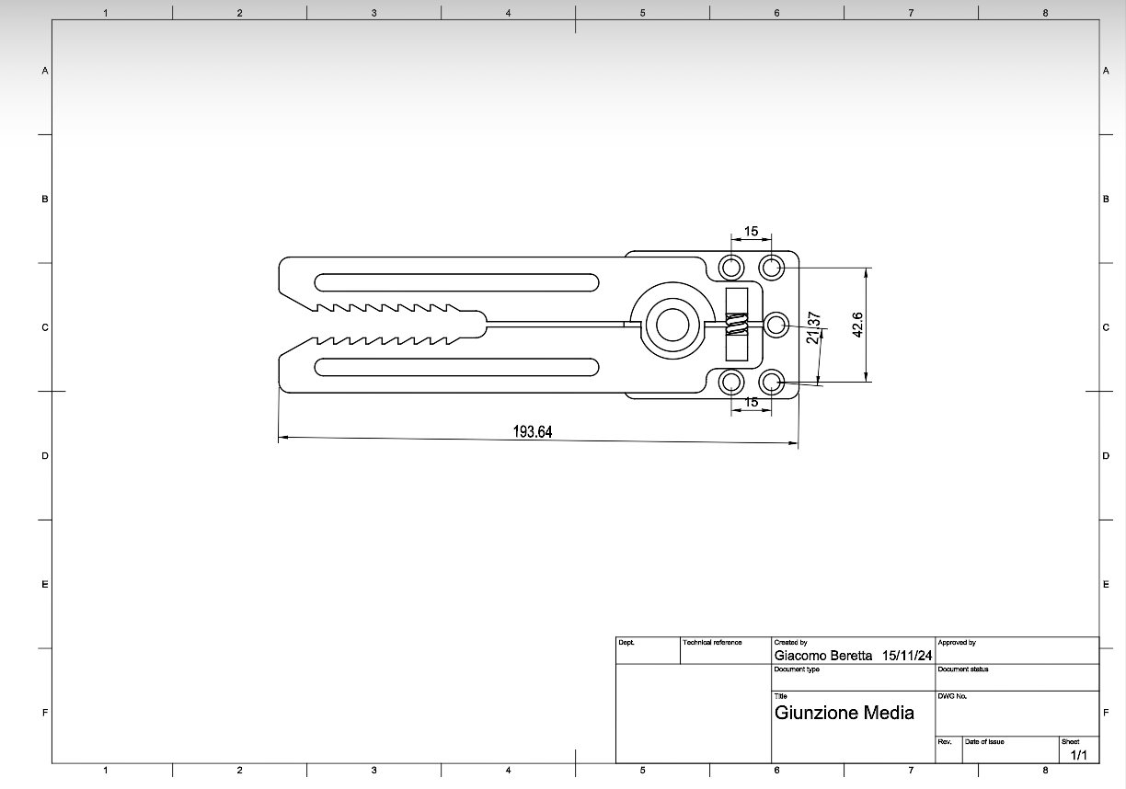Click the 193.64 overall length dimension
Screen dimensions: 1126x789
tap(533, 431)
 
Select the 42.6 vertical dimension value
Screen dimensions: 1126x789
tap(858, 325)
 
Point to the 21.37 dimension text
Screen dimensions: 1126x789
tap(813, 327)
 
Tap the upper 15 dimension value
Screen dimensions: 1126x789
tap(751, 231)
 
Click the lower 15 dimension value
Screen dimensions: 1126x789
tap(751, 402)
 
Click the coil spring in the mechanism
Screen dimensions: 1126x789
tap(737, 324)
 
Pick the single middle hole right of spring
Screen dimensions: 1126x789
tap(776, 325)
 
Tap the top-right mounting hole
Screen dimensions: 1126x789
tap(771, 268)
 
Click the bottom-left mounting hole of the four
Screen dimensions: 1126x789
tap(731, 383)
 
